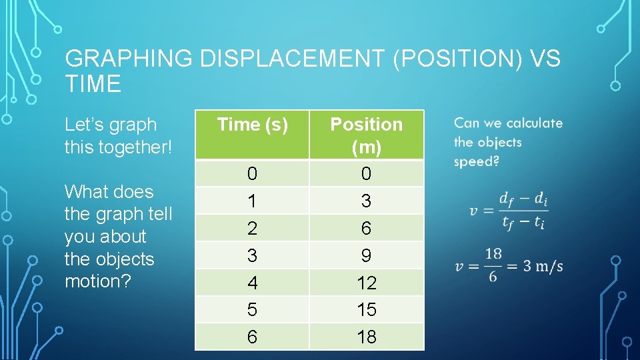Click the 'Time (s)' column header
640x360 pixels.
pyautogui.click(x=252, y=125)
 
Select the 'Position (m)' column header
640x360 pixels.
pyautogui.click(x=367, y=135)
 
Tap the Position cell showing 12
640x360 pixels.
pyautogui.click(x=367, y=283)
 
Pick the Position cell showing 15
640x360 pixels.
pyautogui.click(x=367, y=310)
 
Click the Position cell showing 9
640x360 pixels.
pyautogui.click(x=367, y=255)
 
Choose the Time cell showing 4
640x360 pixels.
pyautogui.click(x=252, y=283)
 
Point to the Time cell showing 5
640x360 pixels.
pyautogui.click(x=252, y=310)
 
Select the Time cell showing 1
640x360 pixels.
pyautogui.click(x=252, y=201)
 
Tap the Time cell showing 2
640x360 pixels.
pyautogui.click(x=252, y=228)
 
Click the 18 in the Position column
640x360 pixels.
pyautogui.click(x=367, y=337)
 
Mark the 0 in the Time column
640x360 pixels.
pyautogui.click(x=252, y=174)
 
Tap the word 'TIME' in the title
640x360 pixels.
pyautogui.click(x=93, y=85)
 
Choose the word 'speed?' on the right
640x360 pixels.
pyautogui.click(x=476, y=161)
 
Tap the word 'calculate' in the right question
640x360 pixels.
pyautogui.click(x=534, y=123)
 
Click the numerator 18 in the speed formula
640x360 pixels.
pyautogui.click(x=494, y=254)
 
